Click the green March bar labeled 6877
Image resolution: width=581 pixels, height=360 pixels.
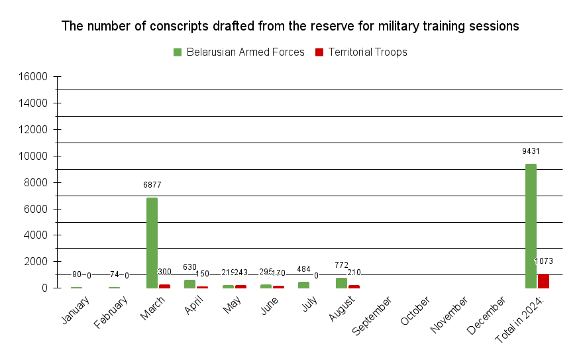pos(152,243)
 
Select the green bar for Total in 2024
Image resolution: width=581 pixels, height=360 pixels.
pos(531,226)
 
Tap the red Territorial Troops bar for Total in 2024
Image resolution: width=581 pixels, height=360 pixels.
pos(543,281)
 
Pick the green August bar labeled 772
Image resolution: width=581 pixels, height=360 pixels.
pos(341,283)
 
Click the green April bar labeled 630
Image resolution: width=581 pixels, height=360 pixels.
pos(189,284)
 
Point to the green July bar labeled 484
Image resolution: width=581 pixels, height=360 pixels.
pos(303,285)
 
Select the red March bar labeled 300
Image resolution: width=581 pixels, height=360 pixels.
pos(164,286)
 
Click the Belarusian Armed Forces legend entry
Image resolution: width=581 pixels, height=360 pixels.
pos(238,52)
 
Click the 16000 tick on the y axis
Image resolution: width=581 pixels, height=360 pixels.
pos(32,77)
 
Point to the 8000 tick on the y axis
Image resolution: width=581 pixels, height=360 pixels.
pos(35,182)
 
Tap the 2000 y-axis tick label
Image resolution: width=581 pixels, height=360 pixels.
pos(35,262)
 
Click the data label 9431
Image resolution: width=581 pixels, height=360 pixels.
pos(531,151)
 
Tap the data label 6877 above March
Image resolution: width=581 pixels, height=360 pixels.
pos(152,185)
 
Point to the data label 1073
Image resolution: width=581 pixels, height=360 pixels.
pos(545,261)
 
